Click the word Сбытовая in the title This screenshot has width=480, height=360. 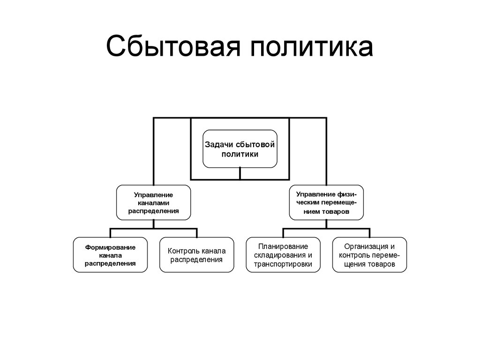173,46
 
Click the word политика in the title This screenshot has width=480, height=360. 312,46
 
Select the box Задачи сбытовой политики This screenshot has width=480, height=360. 240,149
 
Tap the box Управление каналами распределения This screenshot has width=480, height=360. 153,202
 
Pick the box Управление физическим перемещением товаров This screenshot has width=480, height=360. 326,202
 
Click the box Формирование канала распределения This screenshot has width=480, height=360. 110,255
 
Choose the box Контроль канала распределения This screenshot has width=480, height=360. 196,255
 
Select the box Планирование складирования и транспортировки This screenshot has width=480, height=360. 283,255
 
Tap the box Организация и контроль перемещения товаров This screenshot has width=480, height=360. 369,255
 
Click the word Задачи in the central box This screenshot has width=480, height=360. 218,145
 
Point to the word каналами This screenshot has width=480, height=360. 153,202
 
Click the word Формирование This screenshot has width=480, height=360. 110,247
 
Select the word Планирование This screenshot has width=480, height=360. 283,247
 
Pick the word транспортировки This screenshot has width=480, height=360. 283,264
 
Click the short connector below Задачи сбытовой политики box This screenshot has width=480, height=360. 240,173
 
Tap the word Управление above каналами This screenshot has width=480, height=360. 153,195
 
